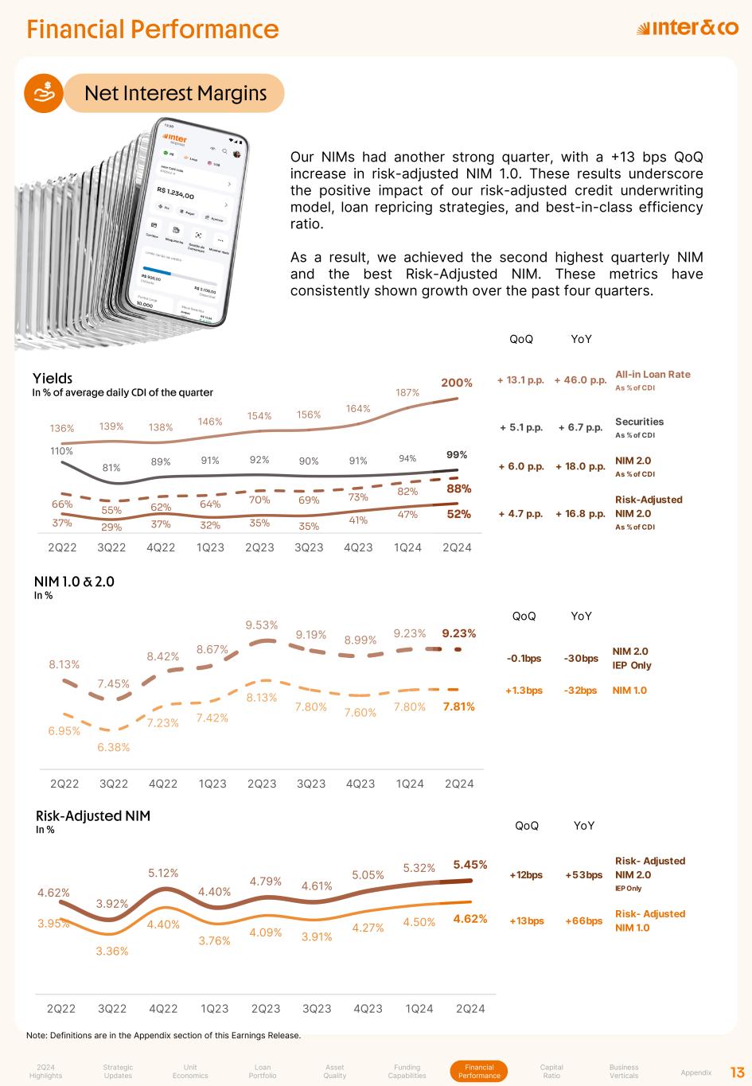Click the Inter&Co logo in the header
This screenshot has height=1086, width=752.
pyautogui.click(x=688, y=29)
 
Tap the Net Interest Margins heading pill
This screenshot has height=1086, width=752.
pyautogui.click(x=175, y=94)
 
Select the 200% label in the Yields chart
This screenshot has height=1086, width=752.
pyautogui.click(x=457, y=383)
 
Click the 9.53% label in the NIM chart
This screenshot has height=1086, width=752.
pyautogui.click(x=261, y=625)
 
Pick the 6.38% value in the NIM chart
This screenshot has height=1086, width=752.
pyautogui.click(x=114, y=747)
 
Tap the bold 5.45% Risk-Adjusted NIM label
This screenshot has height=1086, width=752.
pyautogui.click(x=470, y=864)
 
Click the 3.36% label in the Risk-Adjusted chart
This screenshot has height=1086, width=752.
pyautogui.click(x=112, y=951)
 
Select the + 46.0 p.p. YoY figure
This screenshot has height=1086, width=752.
pyautogui.click(x=580, y=380)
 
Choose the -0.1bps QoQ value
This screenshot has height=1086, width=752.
pyautogui.click(x=524, y=659)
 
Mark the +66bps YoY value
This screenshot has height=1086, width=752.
pyautogui.click(x=583, y=921)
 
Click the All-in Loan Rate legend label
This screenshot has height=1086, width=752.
pyautogui.click(x=653, y=375)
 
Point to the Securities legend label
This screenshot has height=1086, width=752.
pyautogui.click(x=639, y=422)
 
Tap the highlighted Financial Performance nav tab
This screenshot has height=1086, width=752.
pyautogui.click(x=479, y=1072)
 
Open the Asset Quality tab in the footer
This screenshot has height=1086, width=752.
pyautogui.click(x=335, y=1072)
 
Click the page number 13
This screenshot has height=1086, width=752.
pyautogui.click(x=737, y=1072)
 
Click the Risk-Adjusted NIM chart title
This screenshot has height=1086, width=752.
pyautogui.click(x=93, y=815)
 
